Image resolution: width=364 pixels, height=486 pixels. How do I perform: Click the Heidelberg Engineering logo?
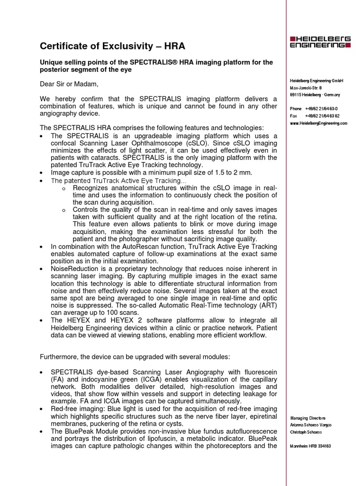pos(320,42)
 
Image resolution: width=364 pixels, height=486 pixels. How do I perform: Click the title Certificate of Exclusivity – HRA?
pos(112,46)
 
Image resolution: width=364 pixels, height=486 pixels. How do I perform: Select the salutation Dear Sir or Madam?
pos(69,84)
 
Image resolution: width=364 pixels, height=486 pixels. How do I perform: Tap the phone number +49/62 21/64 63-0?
pos(321,109)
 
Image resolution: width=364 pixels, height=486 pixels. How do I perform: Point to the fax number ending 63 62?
pos(322,116)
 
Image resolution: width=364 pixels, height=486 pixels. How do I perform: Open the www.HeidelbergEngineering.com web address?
pos(318,123)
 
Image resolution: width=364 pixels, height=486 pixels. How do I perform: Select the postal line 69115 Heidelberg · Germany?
pos(315,95)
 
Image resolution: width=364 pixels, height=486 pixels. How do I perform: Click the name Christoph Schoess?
pos(306,432)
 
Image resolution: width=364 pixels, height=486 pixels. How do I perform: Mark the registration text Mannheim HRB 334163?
pos(310,446)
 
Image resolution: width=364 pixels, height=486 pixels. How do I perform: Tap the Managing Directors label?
pos(308,418)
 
